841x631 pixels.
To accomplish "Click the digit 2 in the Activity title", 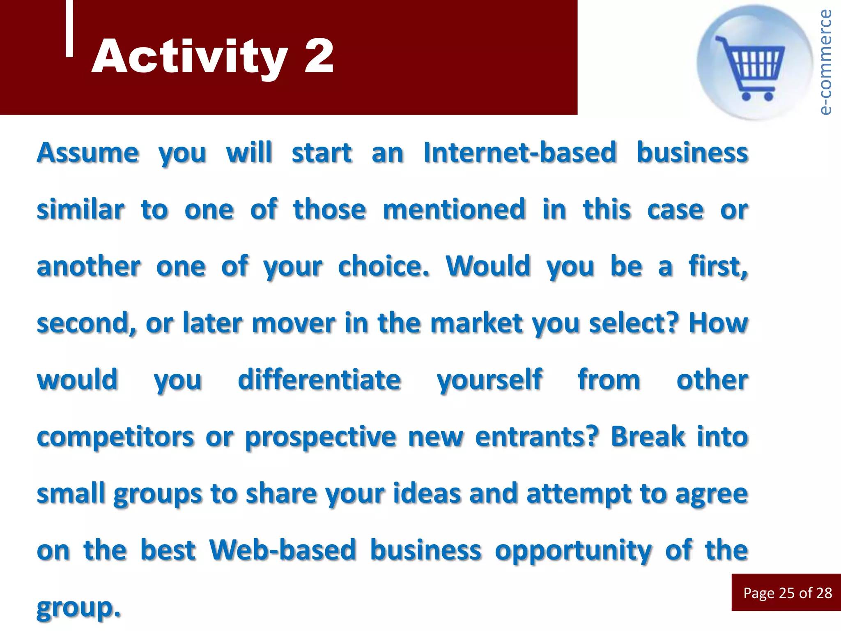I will click(x=319, y=56).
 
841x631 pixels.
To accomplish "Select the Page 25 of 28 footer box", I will click(x=786, y=592).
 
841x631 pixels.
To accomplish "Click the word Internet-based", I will click(x=520, y=152).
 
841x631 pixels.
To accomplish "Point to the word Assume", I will click(x=88, y=152).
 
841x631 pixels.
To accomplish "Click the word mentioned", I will click(x=454, y=209).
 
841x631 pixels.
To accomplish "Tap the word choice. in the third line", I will click(x=384, y=266).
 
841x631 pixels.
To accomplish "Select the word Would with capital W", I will click(x=488, y=266).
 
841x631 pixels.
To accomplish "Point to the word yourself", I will click(x=489, y=380).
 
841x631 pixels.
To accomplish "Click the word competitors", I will click(x=115, y=437).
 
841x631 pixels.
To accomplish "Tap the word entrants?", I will click(x=537, y=436).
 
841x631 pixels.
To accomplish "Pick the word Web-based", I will click(x=282, y=550).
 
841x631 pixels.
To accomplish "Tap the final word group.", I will click(x=78, y=607).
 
